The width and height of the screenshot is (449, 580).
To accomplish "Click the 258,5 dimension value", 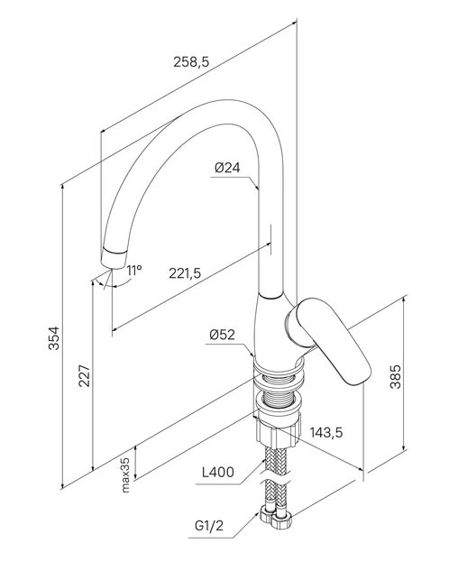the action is [191, 61].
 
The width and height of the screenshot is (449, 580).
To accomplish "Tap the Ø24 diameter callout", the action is [227, 168].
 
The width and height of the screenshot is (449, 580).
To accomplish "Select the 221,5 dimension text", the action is [185, 273].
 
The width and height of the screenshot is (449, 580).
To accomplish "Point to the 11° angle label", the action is [134, 271].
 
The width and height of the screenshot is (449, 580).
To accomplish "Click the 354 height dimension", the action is [54, 337].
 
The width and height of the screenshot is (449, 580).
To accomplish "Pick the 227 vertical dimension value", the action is [85, 376].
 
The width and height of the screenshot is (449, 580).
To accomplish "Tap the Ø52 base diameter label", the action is [222, 335].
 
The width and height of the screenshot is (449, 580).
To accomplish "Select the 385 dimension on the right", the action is [396, 376].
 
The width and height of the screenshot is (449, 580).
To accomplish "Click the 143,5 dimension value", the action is [326, 432].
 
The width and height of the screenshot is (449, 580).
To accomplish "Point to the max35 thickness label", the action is [125, 475].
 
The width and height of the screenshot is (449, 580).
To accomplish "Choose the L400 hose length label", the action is [218, 472].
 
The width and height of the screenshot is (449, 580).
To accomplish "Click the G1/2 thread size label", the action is [209, 526].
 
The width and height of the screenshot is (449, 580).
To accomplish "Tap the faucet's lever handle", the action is [329, 339].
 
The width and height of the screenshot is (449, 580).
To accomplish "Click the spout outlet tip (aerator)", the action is [114, 258].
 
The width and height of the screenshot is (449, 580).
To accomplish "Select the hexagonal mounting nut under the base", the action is [278, 431].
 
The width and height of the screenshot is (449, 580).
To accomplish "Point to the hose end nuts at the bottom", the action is [276, 516].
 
